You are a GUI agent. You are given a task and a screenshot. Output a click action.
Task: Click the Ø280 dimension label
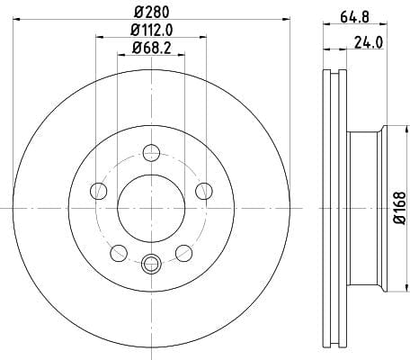click(152, 12)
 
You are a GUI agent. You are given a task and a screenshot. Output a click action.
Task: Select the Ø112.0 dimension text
click(152, 30)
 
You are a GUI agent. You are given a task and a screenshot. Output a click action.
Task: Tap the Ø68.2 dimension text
click(152, 48)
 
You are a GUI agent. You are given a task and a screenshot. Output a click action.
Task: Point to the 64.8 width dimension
click(354, 17)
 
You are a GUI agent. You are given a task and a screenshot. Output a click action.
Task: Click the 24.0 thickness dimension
click(369, 42)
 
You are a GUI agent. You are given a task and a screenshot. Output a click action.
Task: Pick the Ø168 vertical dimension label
click(399, 208)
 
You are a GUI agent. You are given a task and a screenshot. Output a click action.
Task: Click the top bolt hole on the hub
click(151, 153)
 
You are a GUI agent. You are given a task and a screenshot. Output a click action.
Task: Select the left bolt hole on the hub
click(98, 191)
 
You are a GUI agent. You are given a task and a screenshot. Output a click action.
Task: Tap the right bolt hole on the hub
click(204, 191)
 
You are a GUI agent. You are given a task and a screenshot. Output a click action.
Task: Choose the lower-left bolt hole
click(119, 253)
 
